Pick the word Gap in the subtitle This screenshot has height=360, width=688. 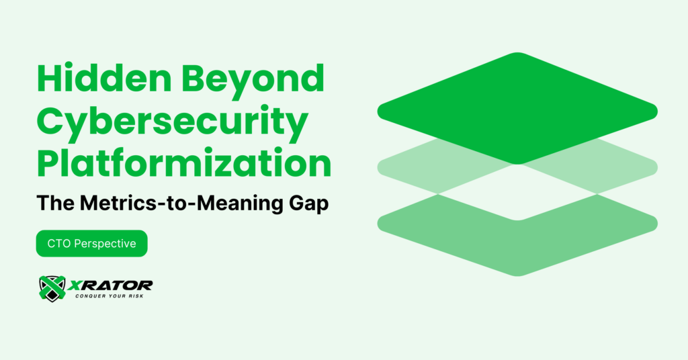pos(307,204)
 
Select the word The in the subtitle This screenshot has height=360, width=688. pos(52,204)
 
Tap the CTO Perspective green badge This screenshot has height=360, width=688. pos(91,244)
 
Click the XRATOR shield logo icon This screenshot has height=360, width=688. pos(52,287)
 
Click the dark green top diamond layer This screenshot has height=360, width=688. pos(517,107)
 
